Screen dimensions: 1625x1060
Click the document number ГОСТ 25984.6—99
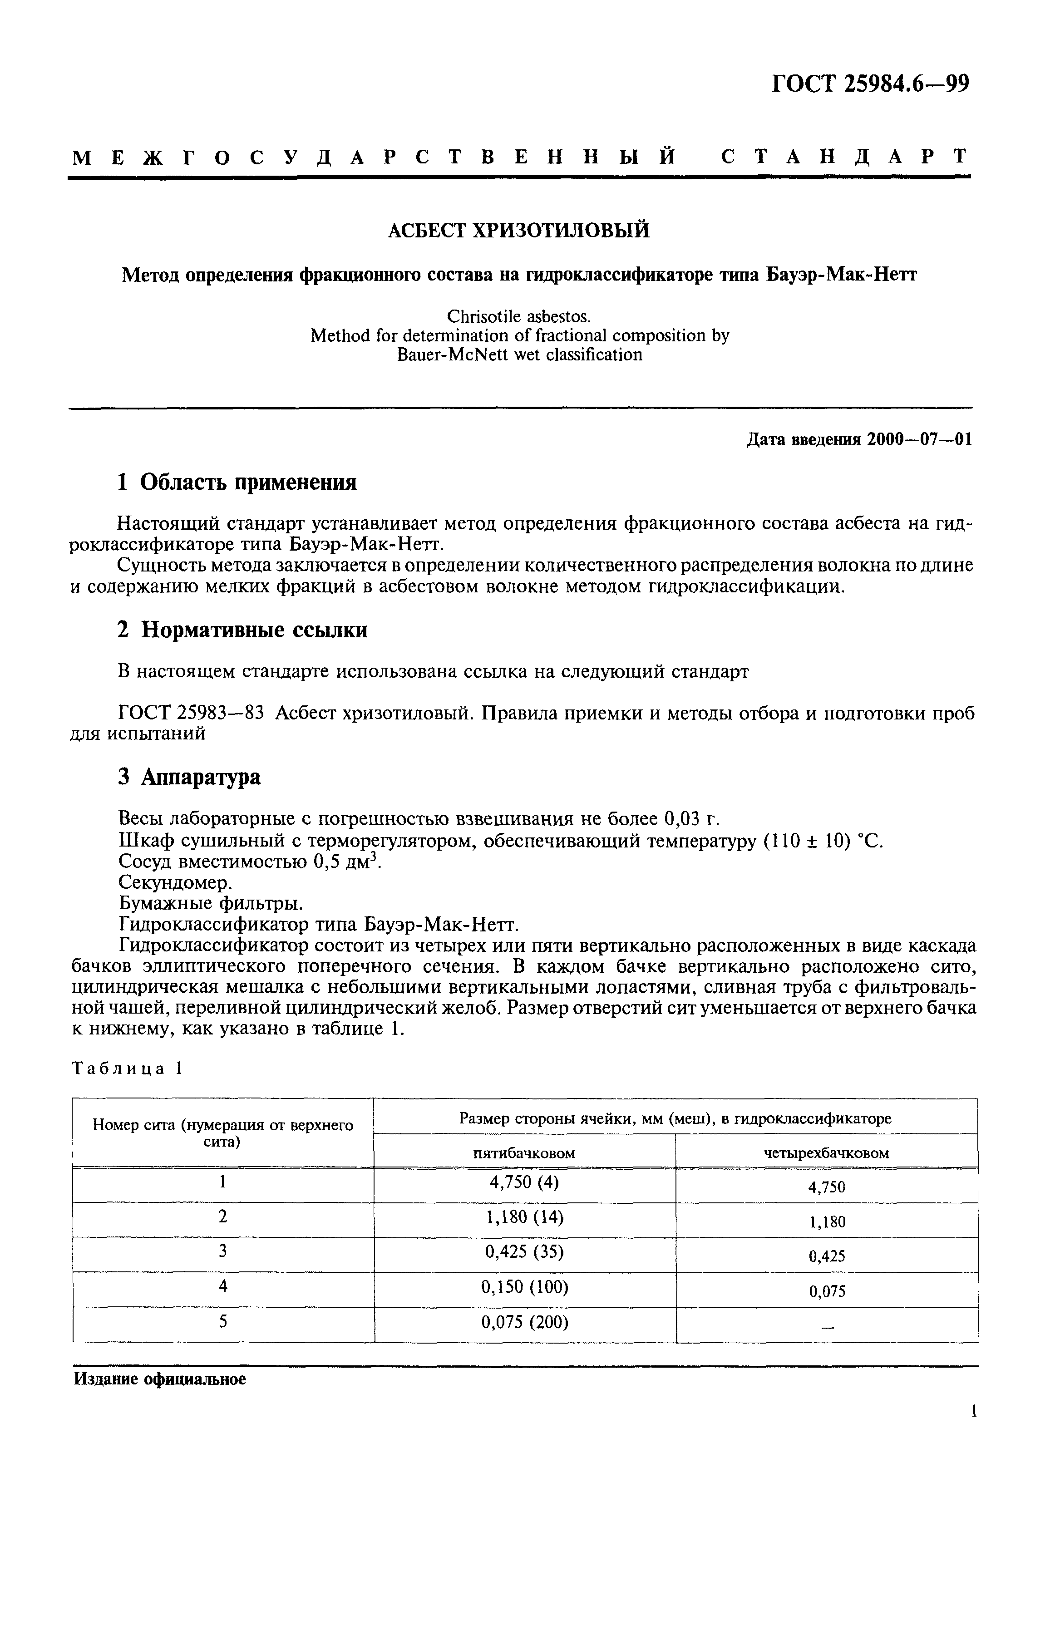[x=870, y=84]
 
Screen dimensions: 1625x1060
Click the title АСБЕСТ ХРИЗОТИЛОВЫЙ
[x=518, y=231]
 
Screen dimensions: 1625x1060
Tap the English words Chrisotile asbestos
[x=518, y=316]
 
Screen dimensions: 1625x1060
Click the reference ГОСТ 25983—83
[x=191, y=714]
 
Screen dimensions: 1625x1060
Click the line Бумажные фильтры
[x=210, y=903]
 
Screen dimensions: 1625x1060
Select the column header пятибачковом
[x=524, y=1152]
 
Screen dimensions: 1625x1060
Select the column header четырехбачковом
[x=826, y=1152]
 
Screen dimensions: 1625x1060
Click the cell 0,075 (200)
[x=524, y=1323]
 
